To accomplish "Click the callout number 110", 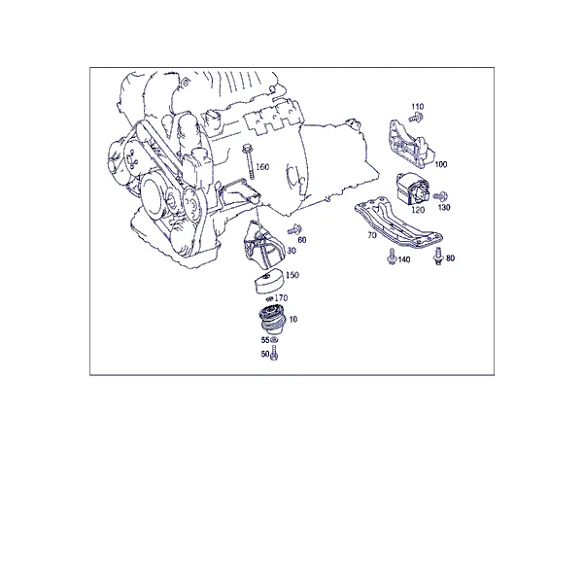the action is (x=417, y=107).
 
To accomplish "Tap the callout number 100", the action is (x=441, y=164).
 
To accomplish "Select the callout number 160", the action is (x=262, y=167).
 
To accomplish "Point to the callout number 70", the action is (x=372, y=235).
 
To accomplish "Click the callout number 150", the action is (x=292, y=275).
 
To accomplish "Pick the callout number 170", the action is (x=281, y=298).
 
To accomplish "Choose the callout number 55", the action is (x=265, y=340).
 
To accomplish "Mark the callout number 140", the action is (x=404, y=259).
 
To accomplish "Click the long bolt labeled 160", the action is (x=248, y=162).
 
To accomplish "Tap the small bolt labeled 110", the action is (x=416, y=119).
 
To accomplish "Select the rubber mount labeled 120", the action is (x=413, y=189).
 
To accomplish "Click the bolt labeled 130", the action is (x=441, y=195).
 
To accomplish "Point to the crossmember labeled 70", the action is (x=397, y=223).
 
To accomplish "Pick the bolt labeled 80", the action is (x=439, y=257).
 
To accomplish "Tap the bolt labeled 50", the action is (x=274, y=353).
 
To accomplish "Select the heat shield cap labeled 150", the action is (x=269, y=281).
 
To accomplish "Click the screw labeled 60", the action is (x=294, y=229).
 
